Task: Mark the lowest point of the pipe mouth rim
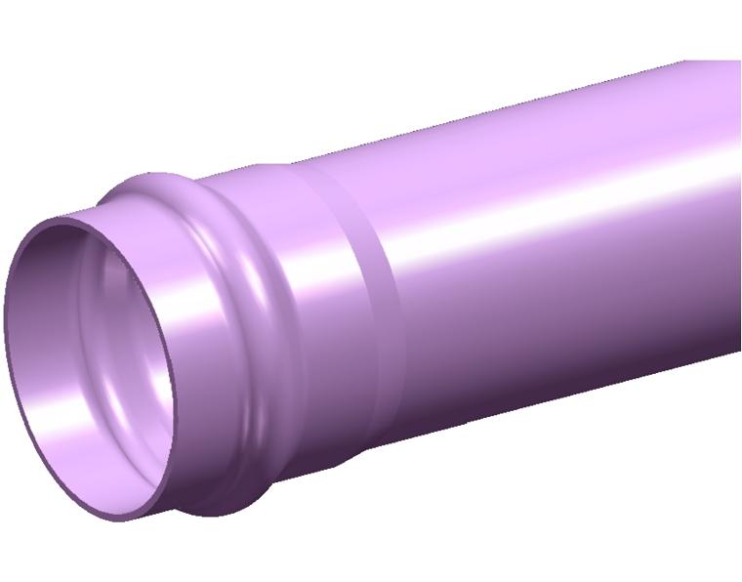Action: tap(117, 518)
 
